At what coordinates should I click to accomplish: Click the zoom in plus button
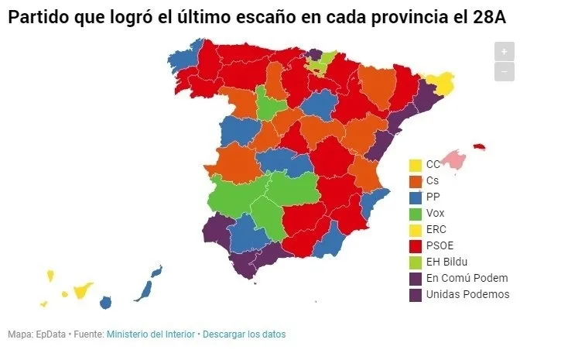coord(504,52)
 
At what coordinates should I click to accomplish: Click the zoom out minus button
coord(504,71)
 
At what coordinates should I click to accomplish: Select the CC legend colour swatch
coord(416,165)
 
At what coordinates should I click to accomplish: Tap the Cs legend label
coord(433,180)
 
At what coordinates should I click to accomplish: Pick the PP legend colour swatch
coord(416,197)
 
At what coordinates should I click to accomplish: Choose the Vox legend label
coord(436,213)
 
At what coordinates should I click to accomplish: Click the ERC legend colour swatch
coord(416,229)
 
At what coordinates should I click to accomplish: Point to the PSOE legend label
coord(440,245)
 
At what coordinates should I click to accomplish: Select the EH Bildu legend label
coord(446,262)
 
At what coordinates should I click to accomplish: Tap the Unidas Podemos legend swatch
coord(416,294)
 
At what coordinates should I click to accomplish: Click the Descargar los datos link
coord(244,334)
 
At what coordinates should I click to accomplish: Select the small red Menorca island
coord(479,146)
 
